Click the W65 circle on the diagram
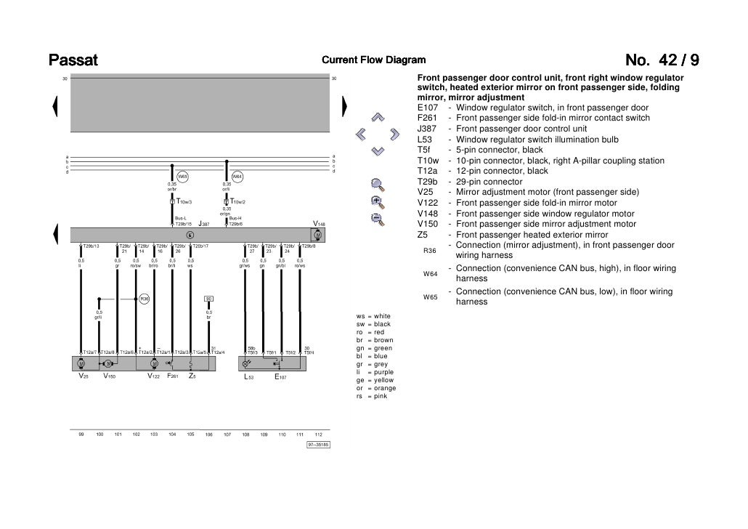pyautogui.click(x=183, y=176)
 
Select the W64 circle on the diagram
pyautogui.click(x=237, y=176)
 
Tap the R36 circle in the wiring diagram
pyautogui.click(x=144, y=299)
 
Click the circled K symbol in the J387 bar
pyautogui.click(x=190, y=235)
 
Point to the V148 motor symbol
pyautogui.click(x=317, y=235)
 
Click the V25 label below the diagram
pyautogui.click(x=84, y=376)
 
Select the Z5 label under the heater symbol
pyautogui.click(x=192, y=376)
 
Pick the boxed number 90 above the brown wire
pyautogui.click(x=208, y=299)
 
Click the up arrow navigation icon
pyautogui.click(x=377, y=117)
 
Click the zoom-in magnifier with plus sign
pyautogui.click(x=376, y=201)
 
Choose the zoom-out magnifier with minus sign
pyautogui.click(x=376, y=219)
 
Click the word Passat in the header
pyautogui.click(x=73, y=60)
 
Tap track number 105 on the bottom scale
pyautogui.click(x=190, y=434)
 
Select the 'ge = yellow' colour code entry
pyautogui.click(x=375, y=380)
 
